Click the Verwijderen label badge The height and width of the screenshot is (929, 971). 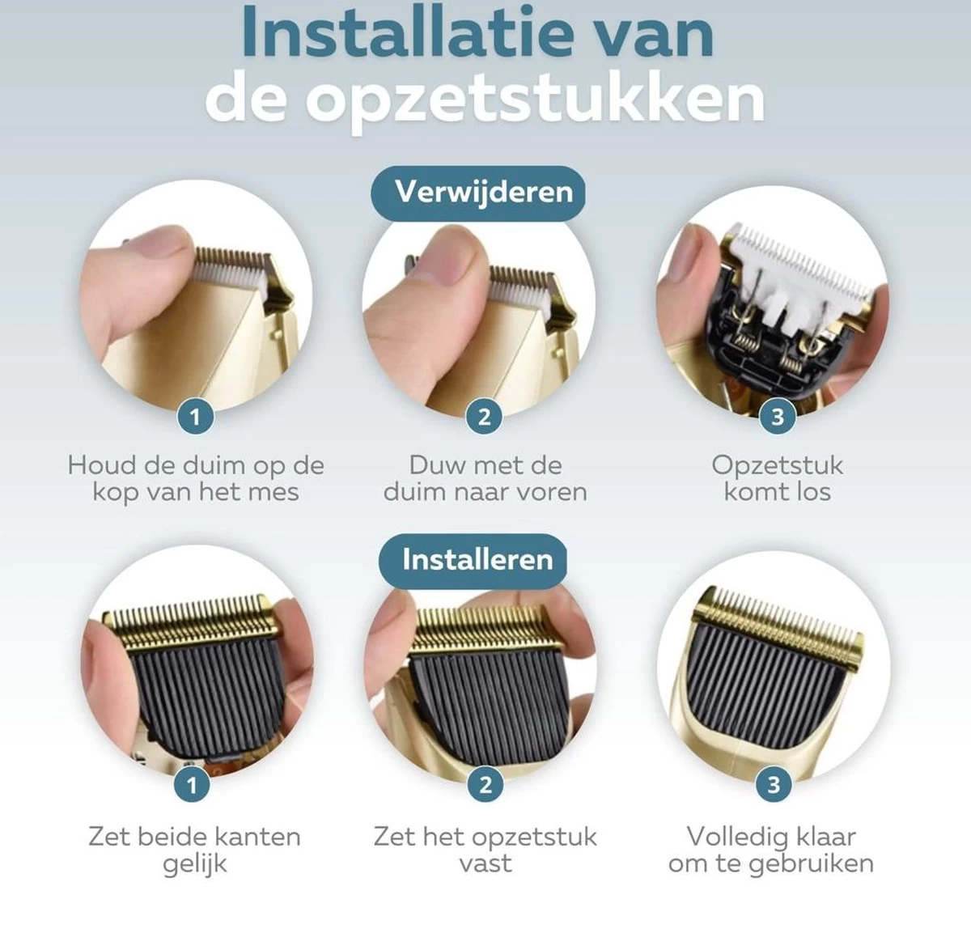pyautogui.click(x=482, y=193)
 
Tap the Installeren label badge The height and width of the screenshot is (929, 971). pyautogui.click(x=477, y=560)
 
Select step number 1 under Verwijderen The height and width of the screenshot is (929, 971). pyautogui.click(x=195, y=417)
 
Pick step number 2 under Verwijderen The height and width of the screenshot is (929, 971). pyautogui.click(x=484, y=417)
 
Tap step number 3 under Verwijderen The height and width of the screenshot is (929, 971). pyautogui.click(x=778, y=417)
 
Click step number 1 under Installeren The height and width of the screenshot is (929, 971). pyautogui.click(x=192, y=784)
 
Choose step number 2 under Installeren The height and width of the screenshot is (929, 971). pyautogui.click(x=485, y=784)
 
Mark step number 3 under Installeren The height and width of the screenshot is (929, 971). pyautogui.click(x=773, y=784)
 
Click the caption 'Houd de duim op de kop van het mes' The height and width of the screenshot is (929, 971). pyautogui.click(x=196, y=478)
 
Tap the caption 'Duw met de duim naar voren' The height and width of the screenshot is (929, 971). pyautogui.click(x=485, y=478)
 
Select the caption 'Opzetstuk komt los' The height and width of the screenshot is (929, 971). pyautogui.click(x=777, y=478)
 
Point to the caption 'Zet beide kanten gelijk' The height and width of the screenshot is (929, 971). pyautogui.click(x=194, y=849)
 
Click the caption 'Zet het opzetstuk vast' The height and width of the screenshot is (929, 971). pyautogui.click(x=485, y=849)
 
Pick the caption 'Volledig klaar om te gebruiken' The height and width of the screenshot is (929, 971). pyautogui.click(x=771, y=849)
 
